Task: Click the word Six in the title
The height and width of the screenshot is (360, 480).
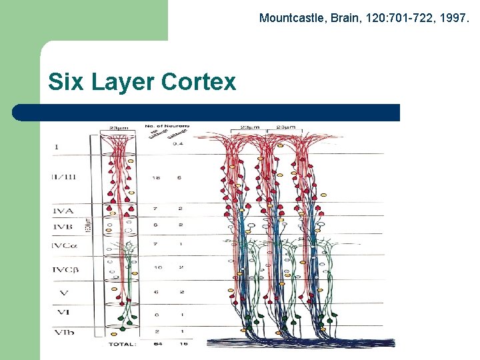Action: [67, 82]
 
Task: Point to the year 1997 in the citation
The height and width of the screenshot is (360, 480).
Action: [454, 18]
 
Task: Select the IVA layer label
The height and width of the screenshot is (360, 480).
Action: [63, 211]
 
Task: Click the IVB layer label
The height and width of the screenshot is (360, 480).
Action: [63, 227]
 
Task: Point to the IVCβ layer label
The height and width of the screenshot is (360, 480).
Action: [65, 270]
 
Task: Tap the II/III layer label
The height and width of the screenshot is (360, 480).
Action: [63, 177]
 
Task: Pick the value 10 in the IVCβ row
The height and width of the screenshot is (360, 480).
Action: [157, 267]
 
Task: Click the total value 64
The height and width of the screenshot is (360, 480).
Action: [156, 344]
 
